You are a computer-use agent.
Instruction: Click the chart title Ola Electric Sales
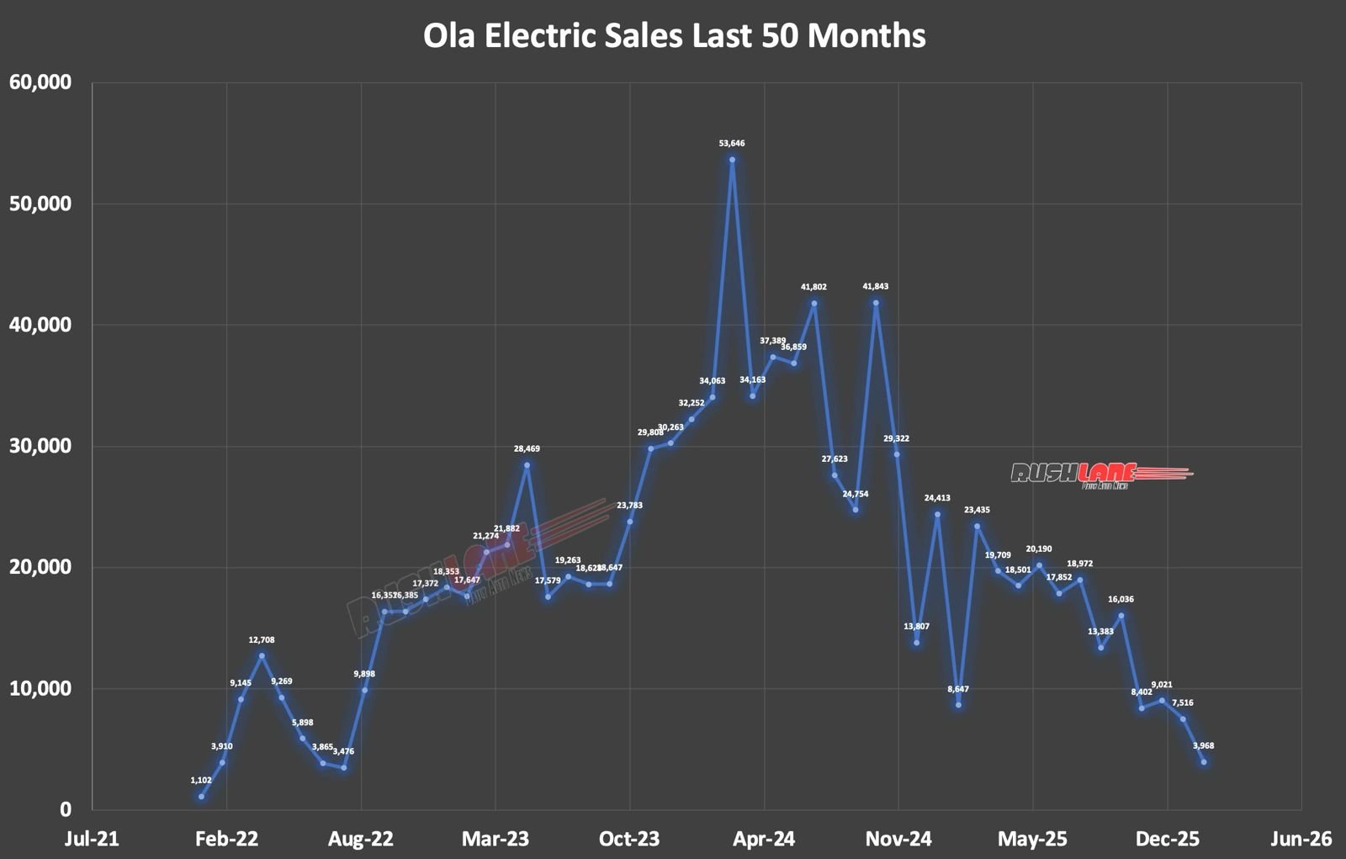[674, 36]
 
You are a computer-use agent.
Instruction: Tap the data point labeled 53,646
[732, 160]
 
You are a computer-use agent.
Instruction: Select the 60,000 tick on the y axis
[40, 82]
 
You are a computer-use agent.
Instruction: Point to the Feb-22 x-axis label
[226, 839]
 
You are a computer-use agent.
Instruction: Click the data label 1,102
[201, 780]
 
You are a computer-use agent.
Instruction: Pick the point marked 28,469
[527, 465]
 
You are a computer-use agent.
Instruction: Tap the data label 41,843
[876, 287]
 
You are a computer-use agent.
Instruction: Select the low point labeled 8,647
[958, 705]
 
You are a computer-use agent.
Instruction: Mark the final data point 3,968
[1204, 762]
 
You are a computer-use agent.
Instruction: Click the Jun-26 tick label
[1301, 839]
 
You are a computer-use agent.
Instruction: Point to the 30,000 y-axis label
[40, 446]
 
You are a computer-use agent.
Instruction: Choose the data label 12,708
[262, 640]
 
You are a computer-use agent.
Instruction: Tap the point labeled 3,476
[343, 767]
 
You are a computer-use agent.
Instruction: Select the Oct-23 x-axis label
[630, 839]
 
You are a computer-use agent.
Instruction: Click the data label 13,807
[917, 626]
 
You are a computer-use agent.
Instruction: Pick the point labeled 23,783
[629, 522]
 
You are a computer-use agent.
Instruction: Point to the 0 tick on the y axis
[65, 809]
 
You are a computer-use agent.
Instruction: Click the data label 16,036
[1121, 600]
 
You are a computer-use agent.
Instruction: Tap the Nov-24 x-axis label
[898, 839]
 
